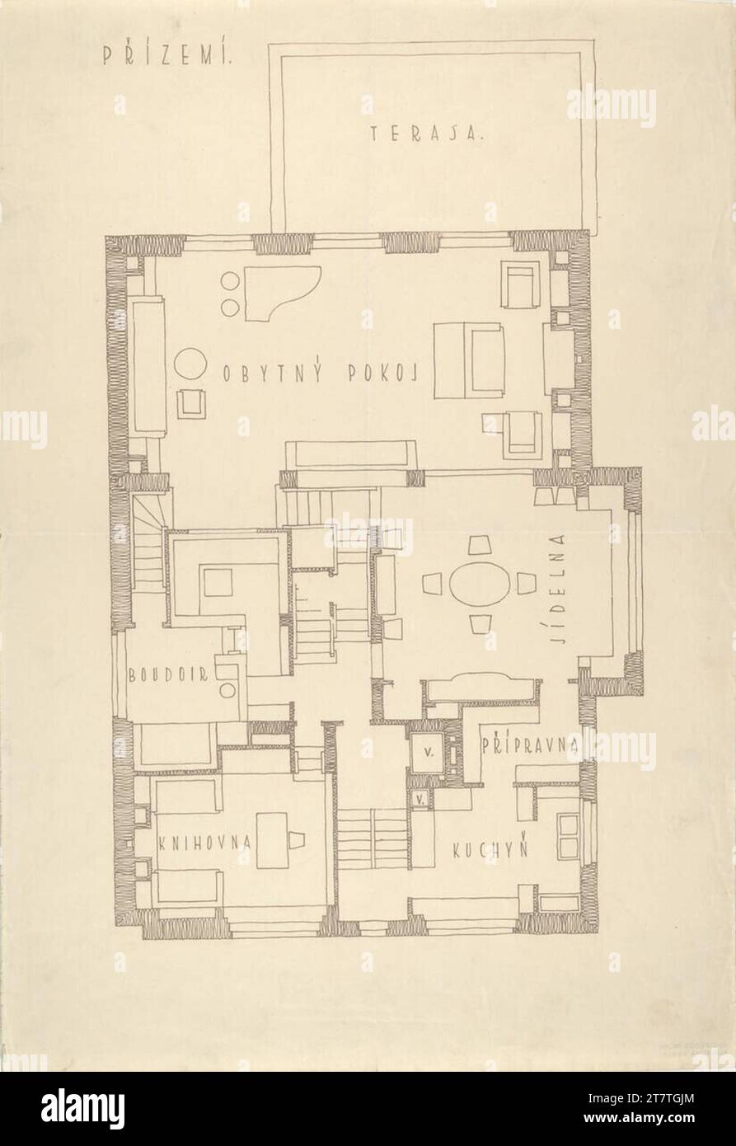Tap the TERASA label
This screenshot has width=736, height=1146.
pyautogui.click(x=426, y=134)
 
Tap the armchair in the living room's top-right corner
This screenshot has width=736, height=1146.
pyautogui.click(x=522, y=285)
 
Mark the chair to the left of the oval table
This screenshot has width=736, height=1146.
pyautogui.click(x=434, y=585)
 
